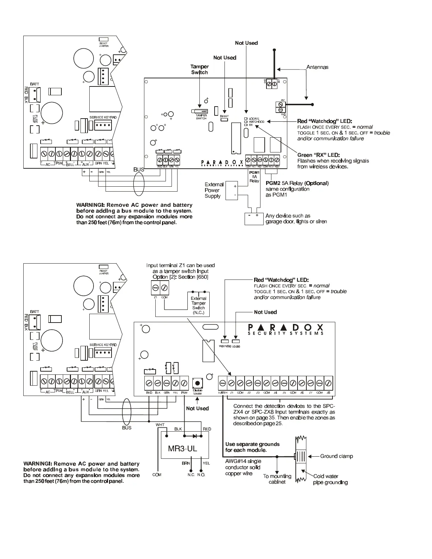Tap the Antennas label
tap(317, 67)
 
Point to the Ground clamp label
tap(336, 456)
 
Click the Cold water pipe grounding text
tap(330, 479)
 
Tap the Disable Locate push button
tap(197, 383)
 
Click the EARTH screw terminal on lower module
tap(223, 383)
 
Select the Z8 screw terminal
tap(328, 383)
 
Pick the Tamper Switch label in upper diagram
tap(199, 69)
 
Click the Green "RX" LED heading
tap(318, 155)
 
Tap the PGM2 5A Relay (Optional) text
tap(297, 183)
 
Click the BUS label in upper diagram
tap(139, 170)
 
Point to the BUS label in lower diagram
tap(127, 428)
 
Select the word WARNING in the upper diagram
tap(90, 205)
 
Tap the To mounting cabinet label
tap(277, 479)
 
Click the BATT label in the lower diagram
tap(35, 312)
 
